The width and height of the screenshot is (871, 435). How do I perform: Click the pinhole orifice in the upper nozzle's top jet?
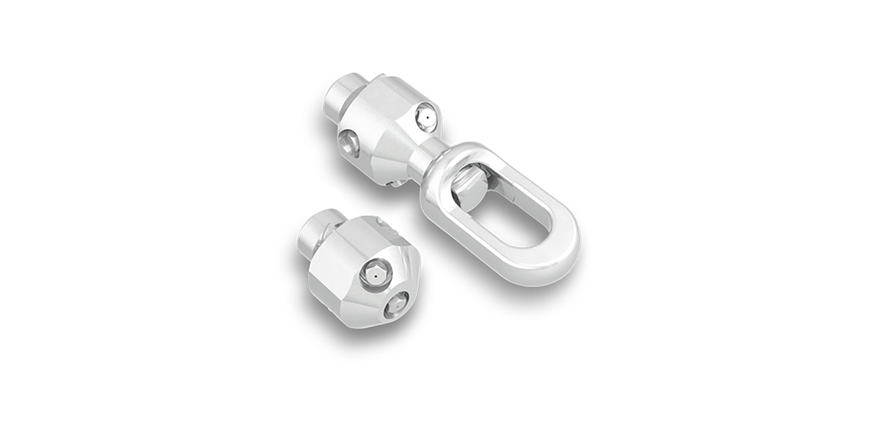pyautogui.click(x=428, y=117)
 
